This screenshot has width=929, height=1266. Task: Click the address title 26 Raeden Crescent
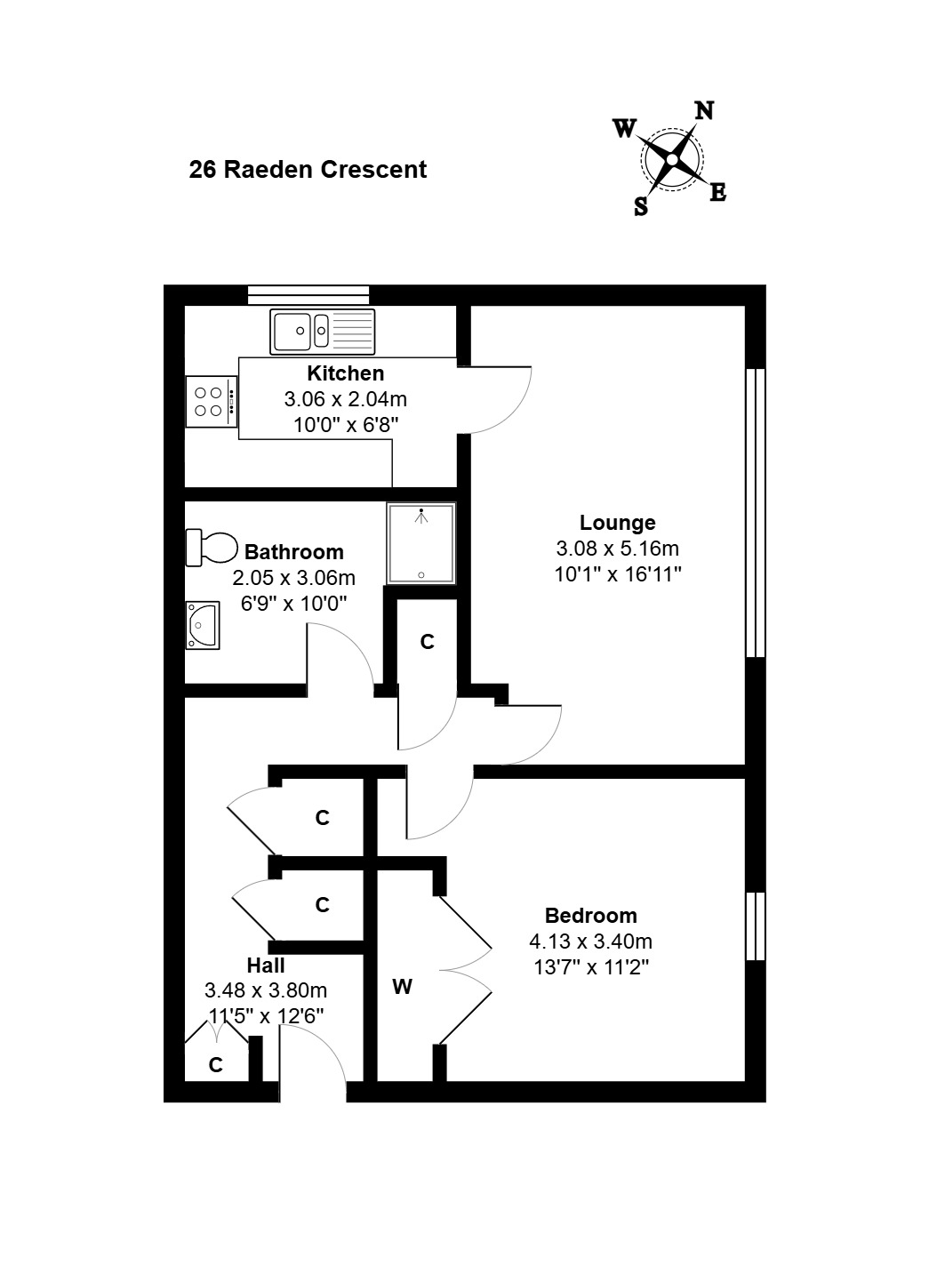point(308,170)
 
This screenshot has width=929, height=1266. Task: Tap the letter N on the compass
point(703,111)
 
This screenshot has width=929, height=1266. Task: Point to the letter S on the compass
point(641,206)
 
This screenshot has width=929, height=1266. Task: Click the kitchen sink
point(322,332)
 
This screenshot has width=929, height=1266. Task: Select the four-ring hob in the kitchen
point(212,402)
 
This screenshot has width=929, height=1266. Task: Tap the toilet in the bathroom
point(212,547)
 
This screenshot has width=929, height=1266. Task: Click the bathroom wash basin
point(203,625)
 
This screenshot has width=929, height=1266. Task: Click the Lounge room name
point(618,523)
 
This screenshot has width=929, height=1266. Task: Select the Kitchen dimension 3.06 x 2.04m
point(345,399)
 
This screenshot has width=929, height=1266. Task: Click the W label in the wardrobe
point(403,987)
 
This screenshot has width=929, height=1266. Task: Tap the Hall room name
point(266,966)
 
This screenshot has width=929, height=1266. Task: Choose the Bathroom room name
point(294,551)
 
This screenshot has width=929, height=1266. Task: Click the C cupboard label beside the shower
point(428,642)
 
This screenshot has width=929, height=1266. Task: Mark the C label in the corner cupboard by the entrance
point(215,1065)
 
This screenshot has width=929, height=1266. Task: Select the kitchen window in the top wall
point(308,295)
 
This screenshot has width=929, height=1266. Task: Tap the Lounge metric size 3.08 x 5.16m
point(618,549)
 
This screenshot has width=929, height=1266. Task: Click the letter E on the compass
point(717,193)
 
